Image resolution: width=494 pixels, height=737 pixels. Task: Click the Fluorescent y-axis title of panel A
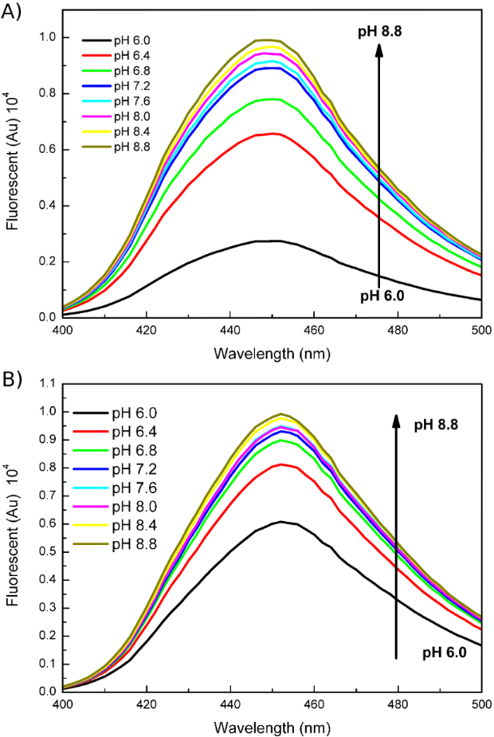tap(14, 167)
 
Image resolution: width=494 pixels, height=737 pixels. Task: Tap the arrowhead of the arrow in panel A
tap(378, 48)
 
